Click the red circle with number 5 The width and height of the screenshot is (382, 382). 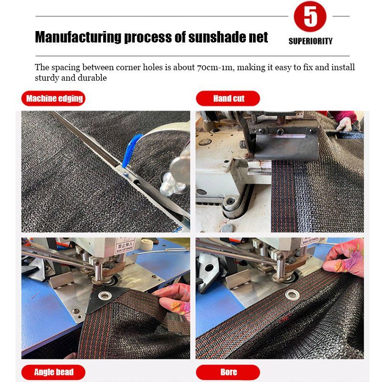[x=310, y=16]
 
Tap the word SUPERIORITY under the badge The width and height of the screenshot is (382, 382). [x=310, y=41]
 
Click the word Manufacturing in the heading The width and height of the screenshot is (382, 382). [x=78, y=37]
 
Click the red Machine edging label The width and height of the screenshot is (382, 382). [x=53, y=98]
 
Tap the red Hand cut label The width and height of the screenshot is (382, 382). [x=228, y=98]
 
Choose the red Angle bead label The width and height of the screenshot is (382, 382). [x=53, y=372]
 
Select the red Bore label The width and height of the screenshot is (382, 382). [x=228, y=372]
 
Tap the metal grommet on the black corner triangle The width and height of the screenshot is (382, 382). [x=105, y=296]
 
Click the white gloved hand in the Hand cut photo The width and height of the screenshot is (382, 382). [x=344, y=124]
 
